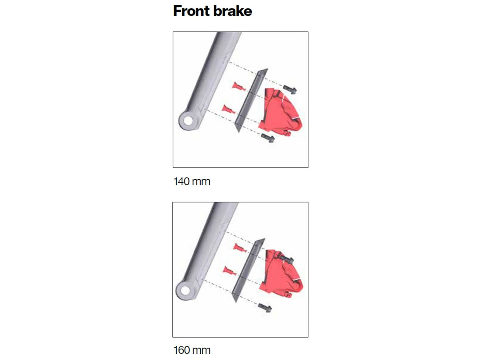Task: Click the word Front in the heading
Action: click(191, 11)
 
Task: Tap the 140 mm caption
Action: click(192, 181)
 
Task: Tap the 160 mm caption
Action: click(192, 350)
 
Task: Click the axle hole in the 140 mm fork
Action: click(187, 121)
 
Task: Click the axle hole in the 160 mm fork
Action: click(185, 290)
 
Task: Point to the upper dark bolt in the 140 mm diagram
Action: click(290, 89)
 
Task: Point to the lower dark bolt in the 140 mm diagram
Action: click(268, 138)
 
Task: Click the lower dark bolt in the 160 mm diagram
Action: click(265, 308)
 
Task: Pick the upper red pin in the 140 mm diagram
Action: click(239, 87)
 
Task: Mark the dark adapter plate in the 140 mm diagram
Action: click(251, 100)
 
